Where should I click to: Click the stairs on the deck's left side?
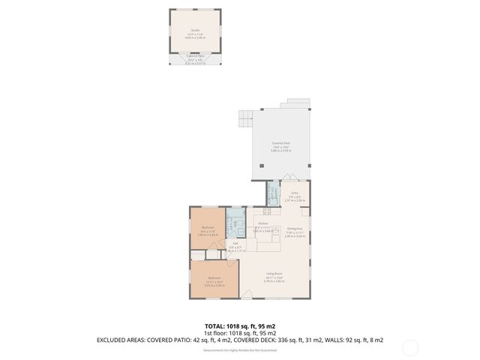coord(244,118)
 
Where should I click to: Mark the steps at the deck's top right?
coord(298,103)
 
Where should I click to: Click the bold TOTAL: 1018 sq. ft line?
coord(240,326)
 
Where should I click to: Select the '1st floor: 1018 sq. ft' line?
coord(240,333)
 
